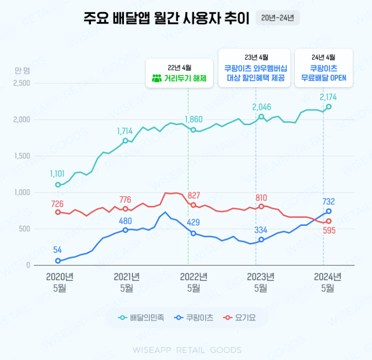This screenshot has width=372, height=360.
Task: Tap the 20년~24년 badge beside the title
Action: (x=277, y=18)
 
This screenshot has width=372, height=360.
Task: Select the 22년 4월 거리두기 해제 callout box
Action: (x=179, y=73)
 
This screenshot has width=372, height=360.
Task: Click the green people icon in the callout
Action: (x=156, y=78)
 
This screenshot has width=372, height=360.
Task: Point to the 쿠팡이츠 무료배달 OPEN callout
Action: (x=324, y=68)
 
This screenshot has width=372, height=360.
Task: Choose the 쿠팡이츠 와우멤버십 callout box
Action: (x=255, y=68)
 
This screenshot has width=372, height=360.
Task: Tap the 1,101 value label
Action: (x=58, y=174)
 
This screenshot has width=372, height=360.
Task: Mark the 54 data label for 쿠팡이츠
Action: (x=58, y=249)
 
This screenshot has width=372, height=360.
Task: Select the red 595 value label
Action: (x=329, y=230)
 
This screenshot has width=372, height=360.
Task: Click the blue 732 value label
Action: (x=329, y=201)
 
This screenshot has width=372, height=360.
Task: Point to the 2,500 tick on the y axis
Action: (x=22, y=83)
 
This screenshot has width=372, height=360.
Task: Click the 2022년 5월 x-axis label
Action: (x=193, y=282)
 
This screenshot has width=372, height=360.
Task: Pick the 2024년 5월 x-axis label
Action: (x=328, y=282)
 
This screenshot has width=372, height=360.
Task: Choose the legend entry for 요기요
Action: (x=241, y=318)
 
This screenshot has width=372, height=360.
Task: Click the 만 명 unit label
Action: (x=22, y=70)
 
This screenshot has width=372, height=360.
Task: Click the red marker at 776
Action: (x=125, y=209)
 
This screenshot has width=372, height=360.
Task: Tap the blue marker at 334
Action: (x=261, y=240)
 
